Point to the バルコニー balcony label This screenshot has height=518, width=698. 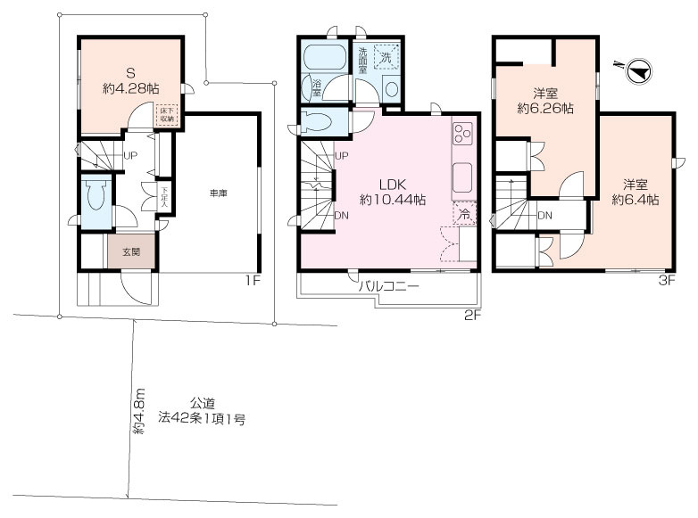point(388,287)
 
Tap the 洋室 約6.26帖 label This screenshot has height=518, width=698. point(545,102)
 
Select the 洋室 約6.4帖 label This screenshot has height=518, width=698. point(635,193)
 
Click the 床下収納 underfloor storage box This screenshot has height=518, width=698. point(167,114)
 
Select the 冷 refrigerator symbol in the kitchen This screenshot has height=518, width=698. point(464,214)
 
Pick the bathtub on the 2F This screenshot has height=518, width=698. point(323,59)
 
